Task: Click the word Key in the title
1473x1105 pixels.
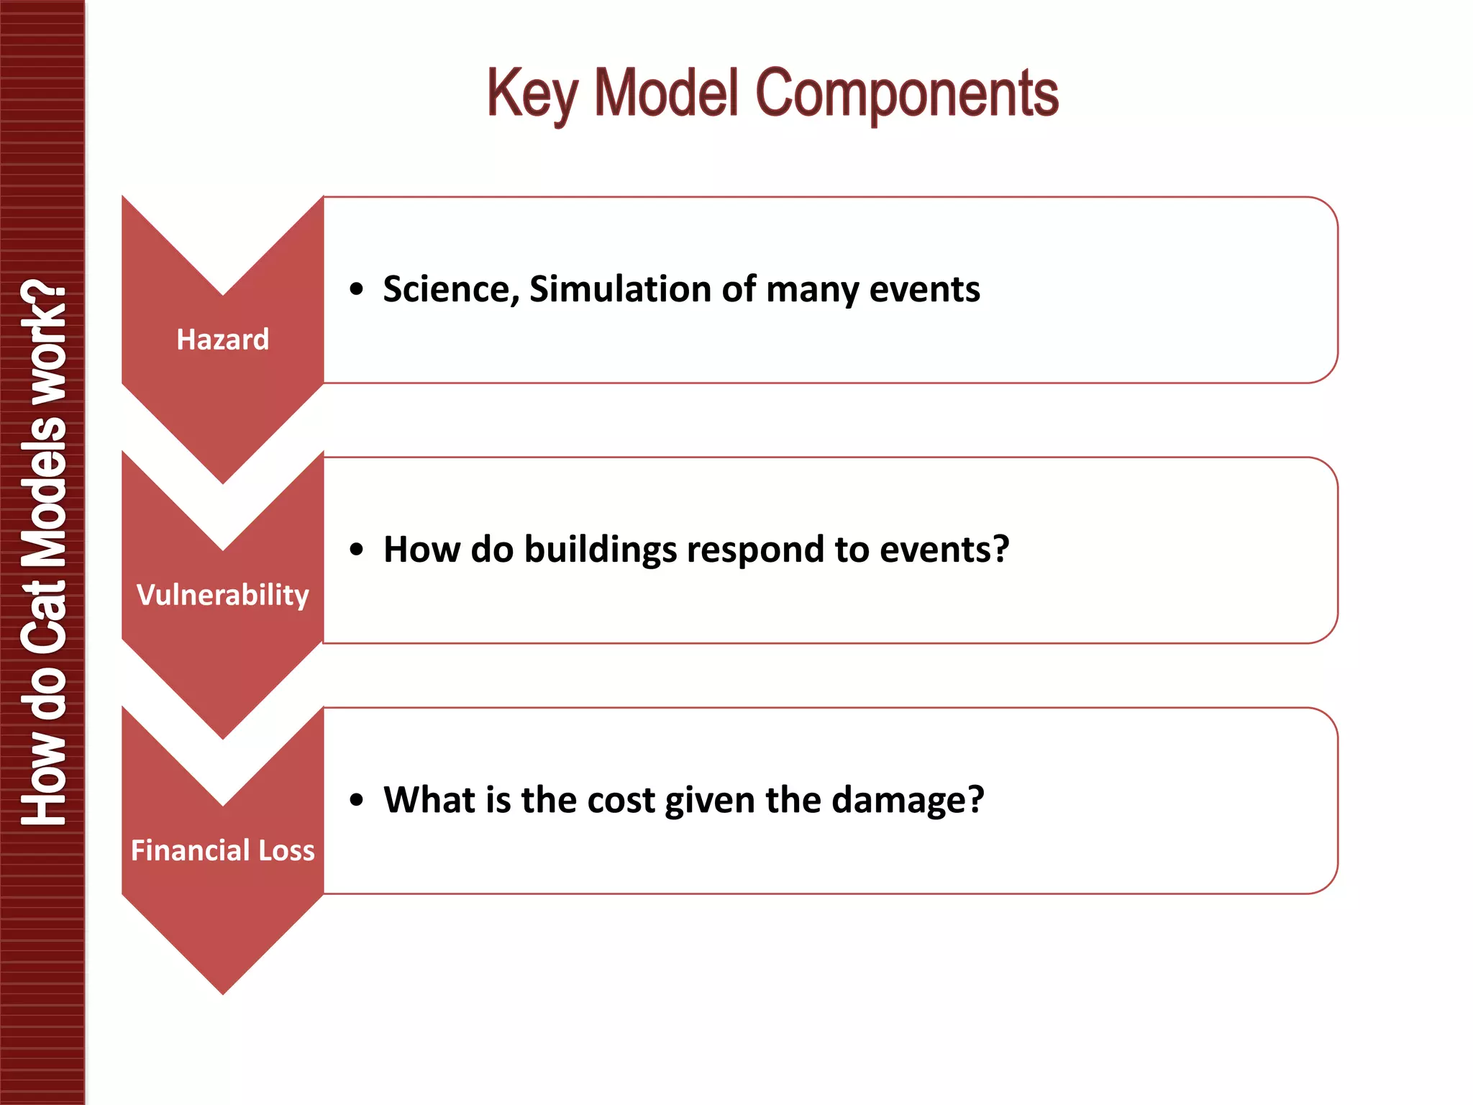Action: (532, 94)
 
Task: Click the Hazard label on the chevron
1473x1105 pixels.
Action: (223, 339)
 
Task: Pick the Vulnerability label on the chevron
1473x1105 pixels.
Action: (223, 594)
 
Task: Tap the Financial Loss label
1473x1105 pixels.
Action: (223, 850)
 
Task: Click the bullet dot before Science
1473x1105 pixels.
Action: (357, 290)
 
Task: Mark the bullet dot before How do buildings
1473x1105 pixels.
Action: (357, 550)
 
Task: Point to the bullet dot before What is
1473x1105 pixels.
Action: (357, 800)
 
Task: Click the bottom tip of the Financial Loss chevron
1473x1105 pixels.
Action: (223, 991)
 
